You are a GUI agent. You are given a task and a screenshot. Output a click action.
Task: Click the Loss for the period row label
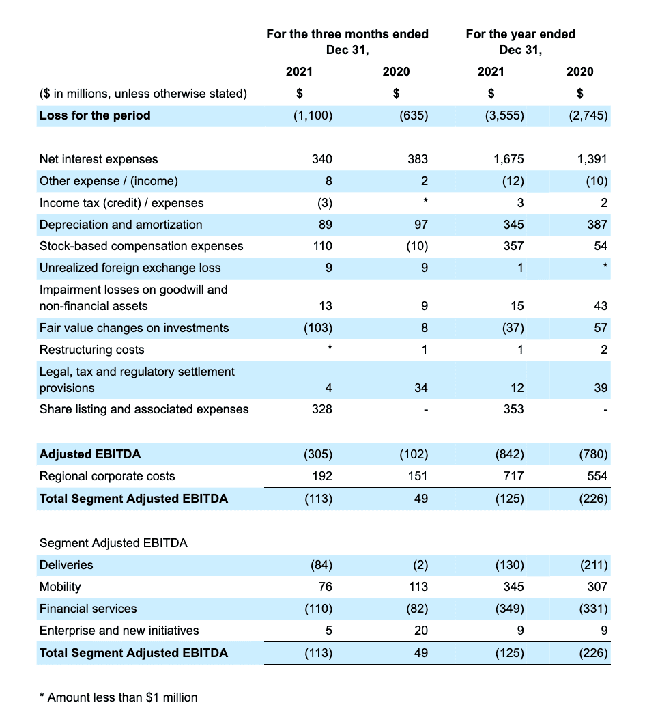click(x=95, y=115)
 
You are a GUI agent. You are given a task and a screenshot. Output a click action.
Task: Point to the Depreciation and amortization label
click(x=121, y=225)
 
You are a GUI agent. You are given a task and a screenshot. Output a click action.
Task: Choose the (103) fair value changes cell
click(x=317, y=328)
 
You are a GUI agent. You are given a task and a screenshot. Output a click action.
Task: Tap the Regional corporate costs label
click(x=107, y=476)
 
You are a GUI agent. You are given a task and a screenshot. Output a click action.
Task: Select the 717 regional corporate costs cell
click(x=514, y=476)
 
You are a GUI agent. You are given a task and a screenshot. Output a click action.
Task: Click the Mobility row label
click(x=60, y=587)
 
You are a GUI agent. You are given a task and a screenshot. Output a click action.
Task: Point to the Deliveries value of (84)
click(x=320, y=565)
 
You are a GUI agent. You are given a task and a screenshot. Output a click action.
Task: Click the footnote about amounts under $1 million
click(x=119, y=697)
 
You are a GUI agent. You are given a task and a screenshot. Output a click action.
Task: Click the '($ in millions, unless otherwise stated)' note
click(x=143, y=94)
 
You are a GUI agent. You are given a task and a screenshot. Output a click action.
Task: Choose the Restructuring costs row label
click(x=92, y=350)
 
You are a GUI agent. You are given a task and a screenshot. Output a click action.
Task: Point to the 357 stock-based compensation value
click(x=514, y=246)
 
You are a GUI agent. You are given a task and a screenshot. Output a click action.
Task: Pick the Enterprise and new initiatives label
click(x=119, y=631)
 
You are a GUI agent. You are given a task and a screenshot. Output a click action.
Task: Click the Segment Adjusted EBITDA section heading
click(x=113, y=543)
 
